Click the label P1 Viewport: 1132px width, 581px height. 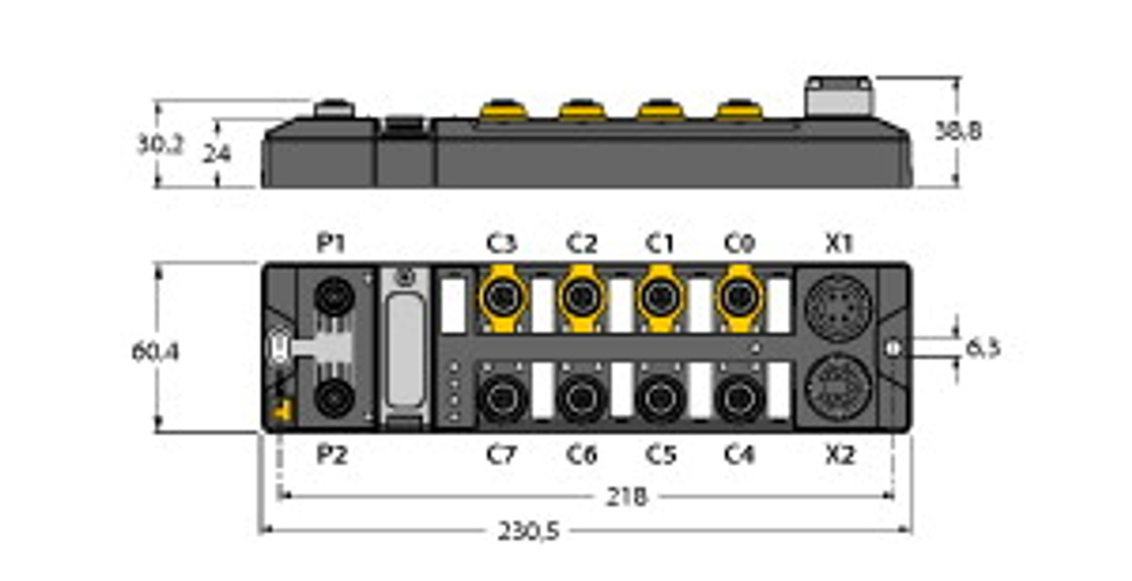(332, 242)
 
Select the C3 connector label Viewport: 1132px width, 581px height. (501, 242)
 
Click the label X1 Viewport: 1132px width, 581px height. (838, 242)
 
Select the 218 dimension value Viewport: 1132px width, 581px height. (628, 497)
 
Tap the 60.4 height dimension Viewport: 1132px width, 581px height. (155, 351)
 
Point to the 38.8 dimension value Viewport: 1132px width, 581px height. (958, 131)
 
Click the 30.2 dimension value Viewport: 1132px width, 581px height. (159, 144)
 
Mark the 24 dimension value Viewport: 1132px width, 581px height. (217, 154)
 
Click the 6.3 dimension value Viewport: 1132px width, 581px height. (982, 348)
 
